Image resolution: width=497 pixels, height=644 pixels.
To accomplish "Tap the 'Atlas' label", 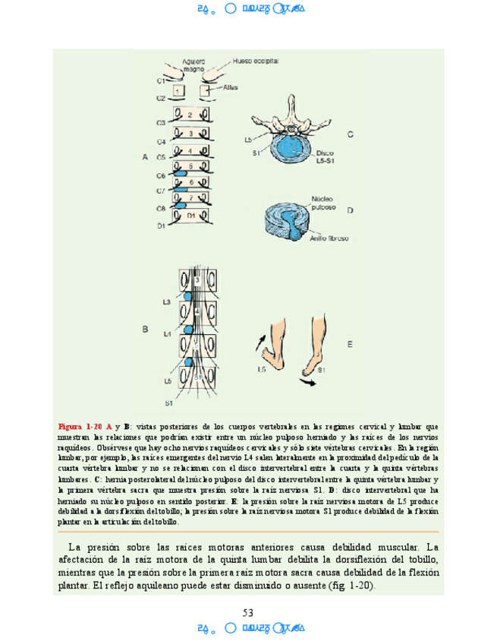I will pos(231,87).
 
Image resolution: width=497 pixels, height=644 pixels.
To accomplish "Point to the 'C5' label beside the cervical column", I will pos(161,157).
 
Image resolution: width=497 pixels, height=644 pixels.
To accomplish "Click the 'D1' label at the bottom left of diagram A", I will pos(161,226).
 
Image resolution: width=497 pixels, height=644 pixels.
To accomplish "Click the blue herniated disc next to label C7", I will pos(182,190).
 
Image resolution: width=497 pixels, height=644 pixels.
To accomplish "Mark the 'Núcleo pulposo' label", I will pos(327,203).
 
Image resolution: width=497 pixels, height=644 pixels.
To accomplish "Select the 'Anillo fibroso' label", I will pos(329,238).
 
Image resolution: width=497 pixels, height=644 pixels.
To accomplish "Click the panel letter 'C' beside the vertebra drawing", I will pos(350,134).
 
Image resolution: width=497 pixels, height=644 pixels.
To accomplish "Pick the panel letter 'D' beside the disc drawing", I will pos(350,210).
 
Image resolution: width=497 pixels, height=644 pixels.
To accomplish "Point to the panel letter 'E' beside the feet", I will pos(350,344).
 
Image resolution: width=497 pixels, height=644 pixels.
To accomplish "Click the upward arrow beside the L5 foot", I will pos(262,340).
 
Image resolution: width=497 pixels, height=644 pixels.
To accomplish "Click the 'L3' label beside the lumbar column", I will pos(166,302).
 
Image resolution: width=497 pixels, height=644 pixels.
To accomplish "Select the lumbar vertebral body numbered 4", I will pos(197,311).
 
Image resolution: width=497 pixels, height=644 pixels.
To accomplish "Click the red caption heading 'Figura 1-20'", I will pos(80,427).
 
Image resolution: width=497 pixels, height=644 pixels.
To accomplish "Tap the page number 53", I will pos(247,613).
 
